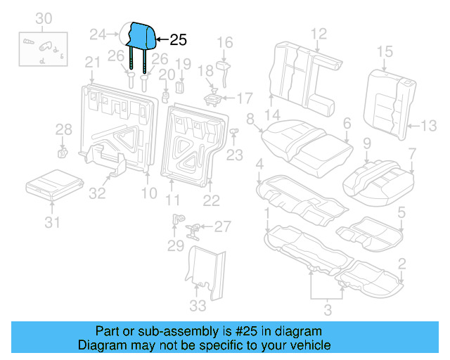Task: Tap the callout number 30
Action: pyautogui.click(x=44, y=18)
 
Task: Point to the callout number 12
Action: pyautogui.click(x=319, y=32)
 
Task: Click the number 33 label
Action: pyautogui.click(x=198, y=305)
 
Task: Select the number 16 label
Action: pyautogui.click(x=224, y=44)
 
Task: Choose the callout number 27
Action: pyautogui.click(x=222, y=226)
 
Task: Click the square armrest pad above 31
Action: pyautogui.click(x=51, y=184)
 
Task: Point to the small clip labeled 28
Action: pyautogui.click(x=61, y=150)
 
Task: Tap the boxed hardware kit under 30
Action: pyautogui.click(x=43, y=49)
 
